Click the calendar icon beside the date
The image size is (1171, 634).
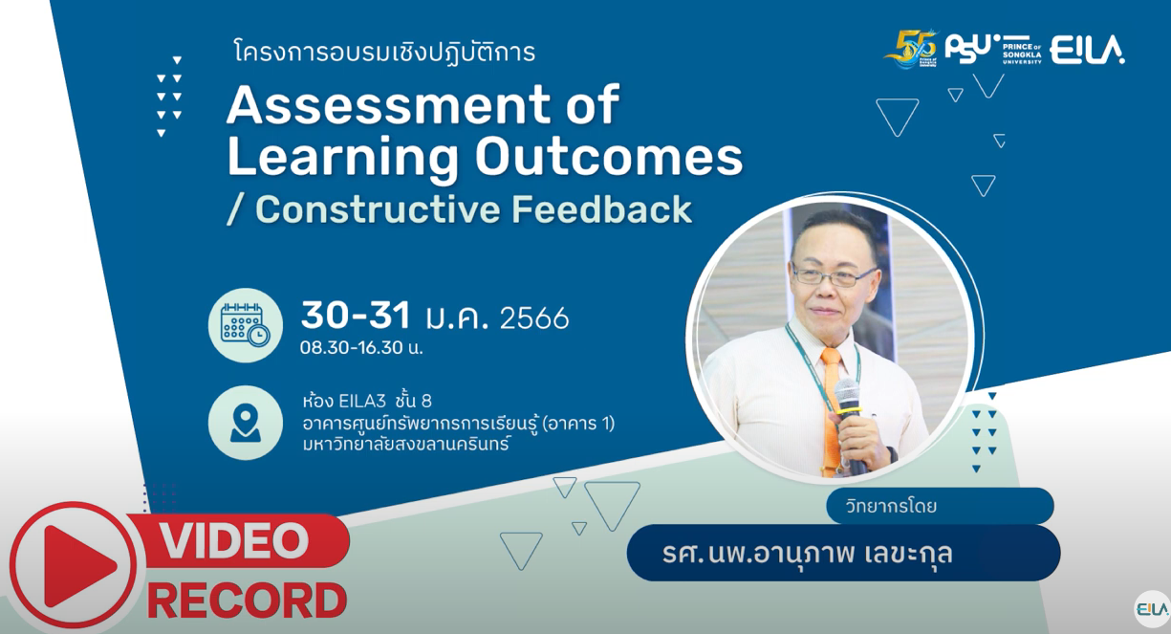pos(245,325)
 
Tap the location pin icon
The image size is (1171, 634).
pos(245,422)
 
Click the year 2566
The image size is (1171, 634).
pos(534,317)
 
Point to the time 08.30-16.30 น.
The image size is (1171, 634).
pos(361,347)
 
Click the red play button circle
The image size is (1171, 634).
pos(73,565)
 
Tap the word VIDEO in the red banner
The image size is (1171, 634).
pos(234,541)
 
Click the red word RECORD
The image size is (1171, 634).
pos(247,601)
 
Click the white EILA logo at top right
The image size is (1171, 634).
pos(1087,50)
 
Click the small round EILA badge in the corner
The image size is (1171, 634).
pos(1150,608)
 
